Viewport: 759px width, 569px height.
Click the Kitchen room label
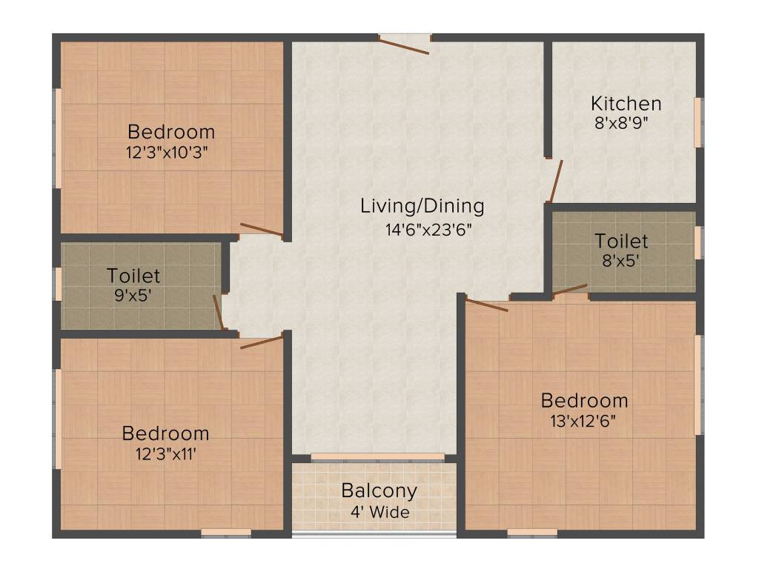click(626, 103)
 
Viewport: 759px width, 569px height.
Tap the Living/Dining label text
click(422, 206)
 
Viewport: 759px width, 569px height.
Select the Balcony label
click(379, 490)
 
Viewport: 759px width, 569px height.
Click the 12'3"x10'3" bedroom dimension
click(170, 153)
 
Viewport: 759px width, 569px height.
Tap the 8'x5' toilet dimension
click(621, 261)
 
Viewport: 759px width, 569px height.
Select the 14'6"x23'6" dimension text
click(428, 229)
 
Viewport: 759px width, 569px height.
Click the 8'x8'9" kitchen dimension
click(621, 123)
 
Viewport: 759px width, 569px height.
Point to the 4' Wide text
click(379, 512)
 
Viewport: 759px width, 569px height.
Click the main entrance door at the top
click(404, 45)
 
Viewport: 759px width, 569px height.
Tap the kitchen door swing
click(554, 181)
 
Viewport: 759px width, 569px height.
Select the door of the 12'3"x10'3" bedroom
click(262, 230)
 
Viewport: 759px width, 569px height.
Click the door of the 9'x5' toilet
click(218, 312)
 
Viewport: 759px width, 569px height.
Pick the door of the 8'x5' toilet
click(570, 289)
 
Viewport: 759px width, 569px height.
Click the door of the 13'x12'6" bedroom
click(487, 304)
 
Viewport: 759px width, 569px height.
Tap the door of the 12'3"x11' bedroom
click(262, 342)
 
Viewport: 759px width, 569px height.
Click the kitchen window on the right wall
click(697, 122)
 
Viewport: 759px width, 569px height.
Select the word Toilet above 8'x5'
click(621, 242)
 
